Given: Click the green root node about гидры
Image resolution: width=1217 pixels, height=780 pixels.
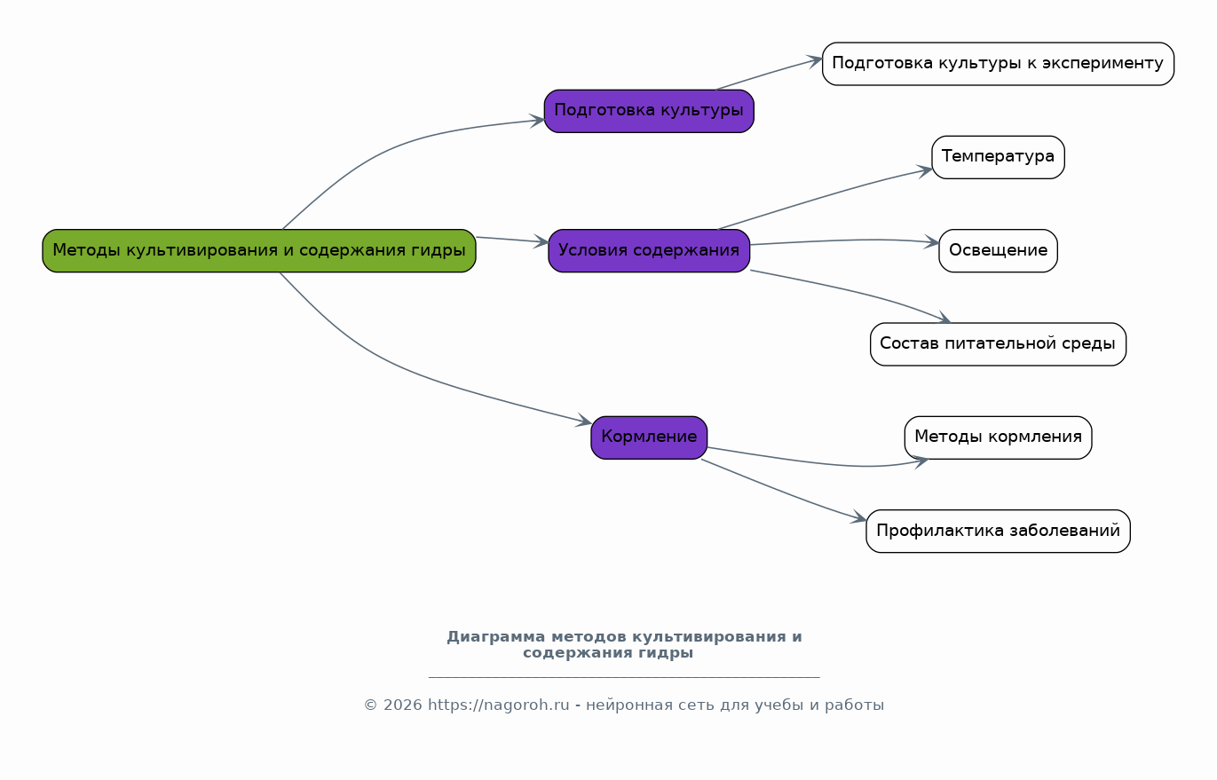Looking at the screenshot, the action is click(259, 250).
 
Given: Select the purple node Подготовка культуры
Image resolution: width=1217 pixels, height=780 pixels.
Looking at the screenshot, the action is click(649, 111).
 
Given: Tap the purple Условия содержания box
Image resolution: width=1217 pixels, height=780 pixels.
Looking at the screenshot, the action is click(649, 250).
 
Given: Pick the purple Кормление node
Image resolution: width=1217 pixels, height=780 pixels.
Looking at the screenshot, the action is click(649, 437).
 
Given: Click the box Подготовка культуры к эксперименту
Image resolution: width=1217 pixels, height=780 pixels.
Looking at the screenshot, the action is click(998, 64).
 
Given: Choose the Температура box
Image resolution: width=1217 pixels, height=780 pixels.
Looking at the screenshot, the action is click(998, 157).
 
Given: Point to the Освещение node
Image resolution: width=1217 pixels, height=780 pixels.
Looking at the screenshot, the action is click(998, 250).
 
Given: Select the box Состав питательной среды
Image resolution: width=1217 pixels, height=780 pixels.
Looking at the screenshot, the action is click(998, 343).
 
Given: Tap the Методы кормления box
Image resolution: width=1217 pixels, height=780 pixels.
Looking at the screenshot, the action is click(998, 437).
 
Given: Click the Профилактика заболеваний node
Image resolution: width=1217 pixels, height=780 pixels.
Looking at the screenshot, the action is click(998, 531).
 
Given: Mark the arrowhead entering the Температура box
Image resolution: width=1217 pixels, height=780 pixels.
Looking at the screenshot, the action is click(925, 171).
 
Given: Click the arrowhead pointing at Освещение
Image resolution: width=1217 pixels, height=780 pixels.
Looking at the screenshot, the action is click(931, 243).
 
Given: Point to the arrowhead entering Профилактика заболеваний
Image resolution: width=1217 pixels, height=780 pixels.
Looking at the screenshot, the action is click(859, 517).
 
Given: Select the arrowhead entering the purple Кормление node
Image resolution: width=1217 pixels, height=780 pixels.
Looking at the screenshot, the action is click(583, 421).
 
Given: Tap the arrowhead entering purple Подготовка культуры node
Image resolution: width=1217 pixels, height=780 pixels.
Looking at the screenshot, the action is click(537, 121).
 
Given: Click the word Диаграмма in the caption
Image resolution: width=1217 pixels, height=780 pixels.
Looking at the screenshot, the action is click(495, 636).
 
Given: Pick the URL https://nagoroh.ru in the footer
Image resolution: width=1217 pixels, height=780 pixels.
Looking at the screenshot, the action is click(499, 705).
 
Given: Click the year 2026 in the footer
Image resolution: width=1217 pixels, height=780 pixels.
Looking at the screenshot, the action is click(403, 705).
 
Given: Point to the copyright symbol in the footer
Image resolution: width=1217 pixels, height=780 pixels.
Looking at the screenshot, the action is click(370, 705).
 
